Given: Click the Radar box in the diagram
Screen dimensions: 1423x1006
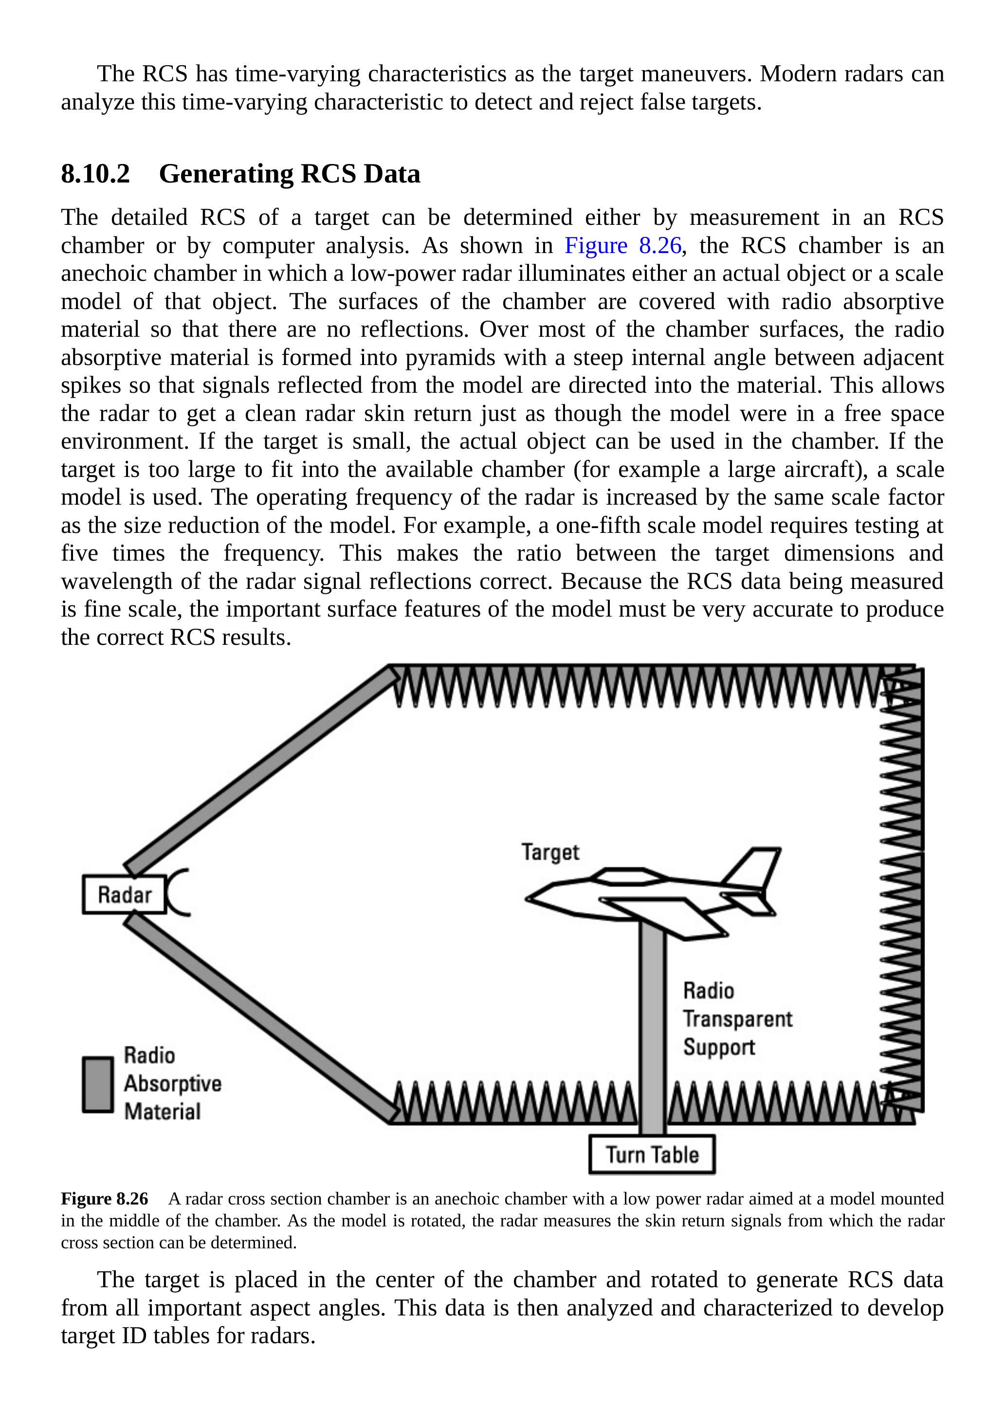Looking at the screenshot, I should pos(125,894).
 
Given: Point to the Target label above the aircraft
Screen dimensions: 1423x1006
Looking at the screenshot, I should pos(550,852).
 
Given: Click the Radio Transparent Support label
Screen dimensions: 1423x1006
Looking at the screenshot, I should pos(737,1019).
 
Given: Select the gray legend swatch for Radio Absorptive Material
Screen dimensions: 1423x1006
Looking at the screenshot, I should pos(98,1085).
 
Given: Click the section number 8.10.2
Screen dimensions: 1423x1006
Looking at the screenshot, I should pos(95,174).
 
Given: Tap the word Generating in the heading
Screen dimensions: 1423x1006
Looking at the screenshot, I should pos(226,174).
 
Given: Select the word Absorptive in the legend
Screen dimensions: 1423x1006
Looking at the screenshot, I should pos(172,1083).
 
